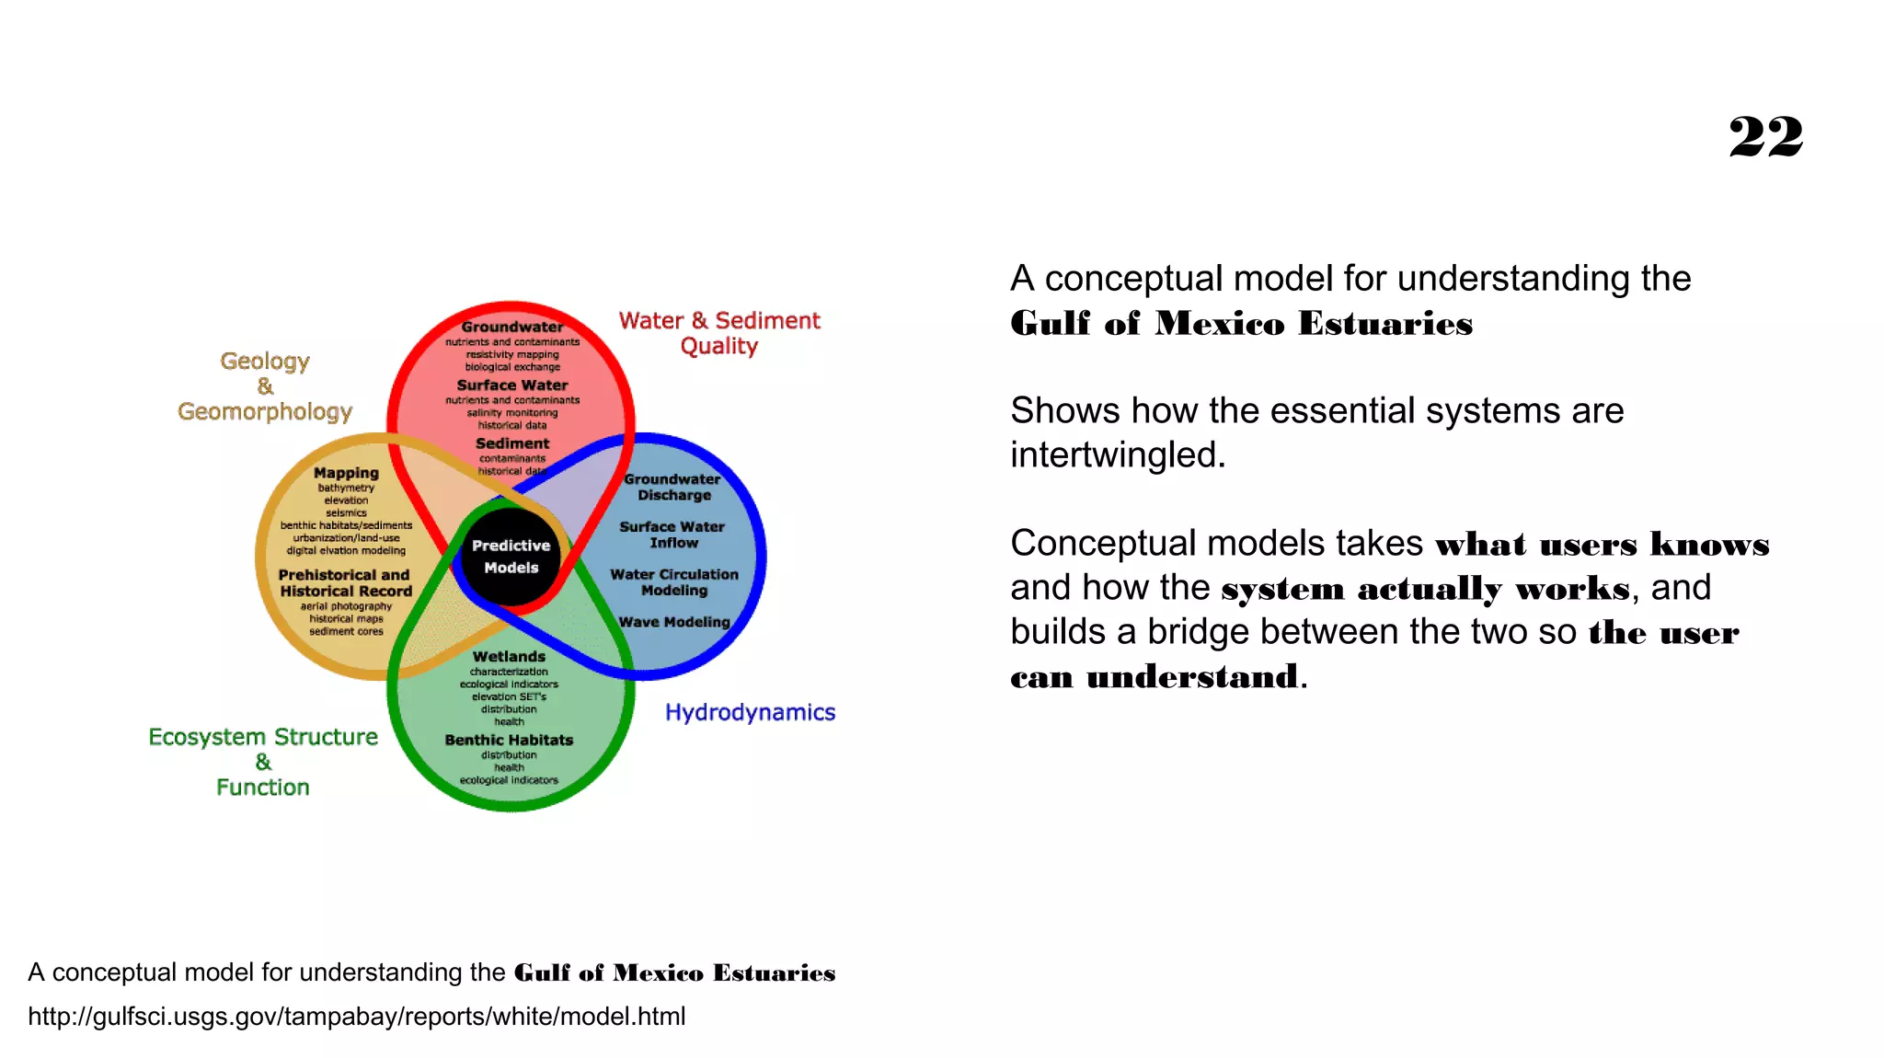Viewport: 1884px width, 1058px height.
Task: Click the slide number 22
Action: tap(1764, 138)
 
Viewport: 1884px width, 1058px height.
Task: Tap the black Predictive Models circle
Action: tap(511, 557)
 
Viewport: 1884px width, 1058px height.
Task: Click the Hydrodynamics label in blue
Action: tap(750, 712)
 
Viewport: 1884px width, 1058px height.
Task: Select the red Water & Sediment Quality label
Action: tap(718, 333)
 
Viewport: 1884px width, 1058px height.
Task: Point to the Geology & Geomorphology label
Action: tap(265, 386)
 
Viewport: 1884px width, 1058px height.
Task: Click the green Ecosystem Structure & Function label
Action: tap(263, 762)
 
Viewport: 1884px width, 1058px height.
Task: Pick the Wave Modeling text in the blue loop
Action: tap(674, 622)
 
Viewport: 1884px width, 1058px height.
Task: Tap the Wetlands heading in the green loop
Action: tap(509, 656)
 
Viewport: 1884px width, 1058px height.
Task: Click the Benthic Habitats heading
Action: tap(509, 740)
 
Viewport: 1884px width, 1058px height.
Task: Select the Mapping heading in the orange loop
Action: tap(346, 473)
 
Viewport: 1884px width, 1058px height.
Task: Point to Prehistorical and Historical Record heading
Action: tap(345, 583)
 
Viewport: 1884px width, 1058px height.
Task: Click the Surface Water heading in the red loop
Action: tap(512, 385)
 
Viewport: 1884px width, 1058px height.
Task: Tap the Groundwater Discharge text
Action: tap(673, 487)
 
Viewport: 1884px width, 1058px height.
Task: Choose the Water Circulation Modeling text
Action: tap(674, 582)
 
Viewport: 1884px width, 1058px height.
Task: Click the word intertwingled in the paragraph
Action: tap(1117, 455)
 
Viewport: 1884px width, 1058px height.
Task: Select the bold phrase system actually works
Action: tap(1425, 589)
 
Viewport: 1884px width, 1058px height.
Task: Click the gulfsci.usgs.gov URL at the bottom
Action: tap(357, 1017)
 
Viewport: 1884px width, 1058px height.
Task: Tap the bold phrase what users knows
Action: tap(1602, 545)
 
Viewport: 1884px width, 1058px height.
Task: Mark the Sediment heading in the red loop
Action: tap(512, 443)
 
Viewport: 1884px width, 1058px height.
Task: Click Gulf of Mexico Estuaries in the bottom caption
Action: tap(674, 973)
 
